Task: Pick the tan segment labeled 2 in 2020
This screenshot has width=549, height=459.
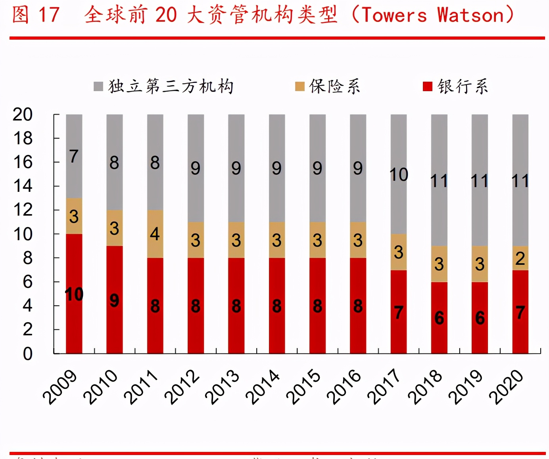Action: pyautogui.click(x=520, y=258)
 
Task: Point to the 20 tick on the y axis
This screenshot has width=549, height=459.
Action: pyautogui.click(x=23, y=115)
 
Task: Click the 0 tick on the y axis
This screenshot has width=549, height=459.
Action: pyautogui.click(x=27, y=353)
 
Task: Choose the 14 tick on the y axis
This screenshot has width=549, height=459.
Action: pyautogui.click(x=23, y=186)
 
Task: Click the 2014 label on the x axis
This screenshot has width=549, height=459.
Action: pyautogui.click(x=263, y=386)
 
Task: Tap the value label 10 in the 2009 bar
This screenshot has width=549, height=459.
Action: pyautogui.click(x=74, y=295)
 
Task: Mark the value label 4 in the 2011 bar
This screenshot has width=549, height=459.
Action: pyautogui.click(x=155, y=234)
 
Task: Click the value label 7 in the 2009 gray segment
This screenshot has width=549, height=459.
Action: pyautogui.click(x=74, y=156)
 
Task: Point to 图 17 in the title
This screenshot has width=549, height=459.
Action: pyautogui.click(x=35, y=15)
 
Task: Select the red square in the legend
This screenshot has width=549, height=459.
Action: pyautogui.click(x=427, y=86)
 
